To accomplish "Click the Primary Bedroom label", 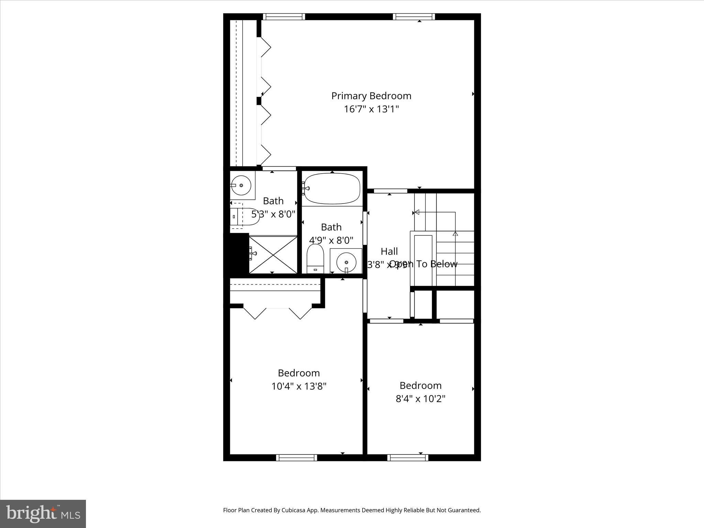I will click(371, 96).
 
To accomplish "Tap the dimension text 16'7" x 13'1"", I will click(371, 109).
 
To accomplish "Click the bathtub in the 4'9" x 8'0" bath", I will click(332, 188).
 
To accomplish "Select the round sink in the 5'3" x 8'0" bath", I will click(241, 185).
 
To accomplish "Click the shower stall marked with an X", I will click(273, 254).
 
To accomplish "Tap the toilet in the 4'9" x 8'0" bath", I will click(315, 260).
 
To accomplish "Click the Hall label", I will click(389, 251).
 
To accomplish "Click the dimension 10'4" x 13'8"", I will click(299, 386).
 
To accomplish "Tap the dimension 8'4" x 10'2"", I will click(420, 399).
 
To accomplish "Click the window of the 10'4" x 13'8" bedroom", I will click(296, 458).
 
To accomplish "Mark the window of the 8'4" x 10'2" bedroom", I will click(408, 458).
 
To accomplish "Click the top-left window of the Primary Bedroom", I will click(284, 16).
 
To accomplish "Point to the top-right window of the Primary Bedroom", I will click(414, 16).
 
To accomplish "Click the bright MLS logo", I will click(43, 514).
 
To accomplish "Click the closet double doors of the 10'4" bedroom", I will click(277, 311).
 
